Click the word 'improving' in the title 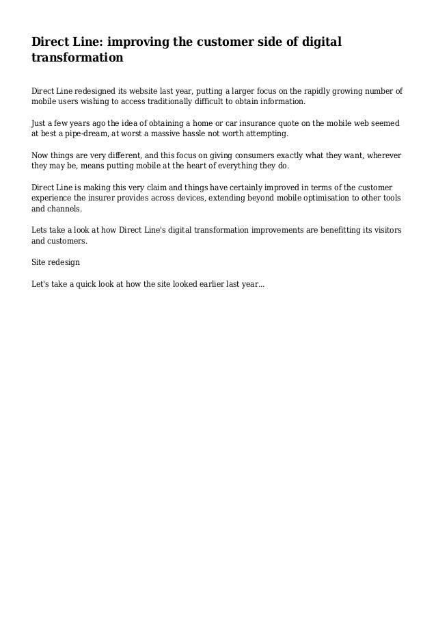(x=127, y=43)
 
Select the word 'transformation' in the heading (x=77, y=59)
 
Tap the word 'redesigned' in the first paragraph (x=97, y=90)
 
